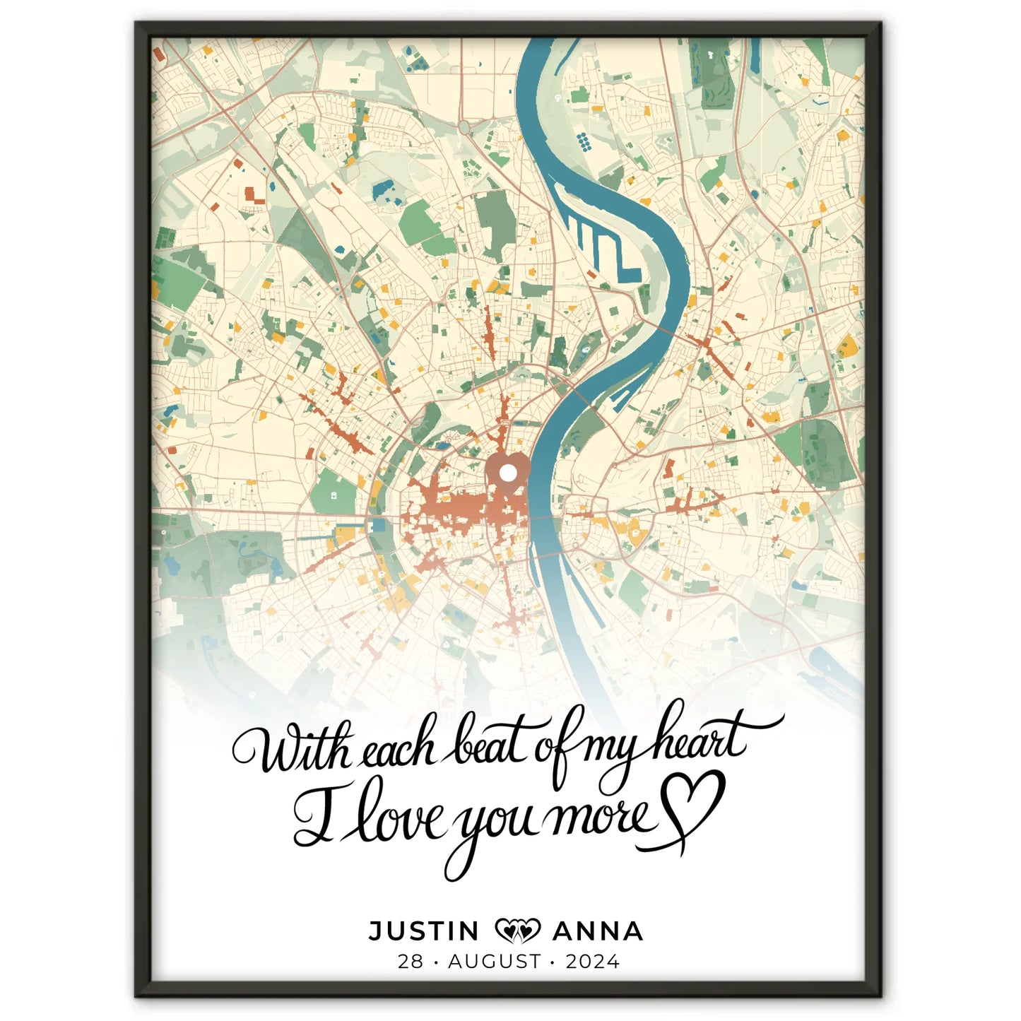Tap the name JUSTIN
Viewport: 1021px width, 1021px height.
pos(424,931)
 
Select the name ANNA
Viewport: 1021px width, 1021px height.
pos(598,931)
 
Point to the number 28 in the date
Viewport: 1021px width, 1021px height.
pos(410,961)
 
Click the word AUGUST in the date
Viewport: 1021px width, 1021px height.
pos(495,961)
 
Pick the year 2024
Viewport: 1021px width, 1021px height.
pos(592,961)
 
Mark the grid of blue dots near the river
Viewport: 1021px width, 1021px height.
pos(584,141)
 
